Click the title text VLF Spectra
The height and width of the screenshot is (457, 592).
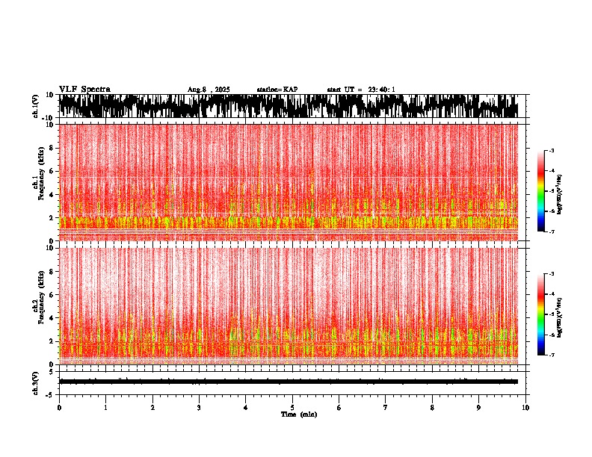click(x=84, y=89)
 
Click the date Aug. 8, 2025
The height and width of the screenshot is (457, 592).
click(x=209, y=90)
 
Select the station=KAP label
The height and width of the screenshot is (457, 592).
click(x=277, y=90)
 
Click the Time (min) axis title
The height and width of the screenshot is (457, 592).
click(x=298, y=414)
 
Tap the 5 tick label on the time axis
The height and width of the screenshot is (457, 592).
click(x=292, y=408)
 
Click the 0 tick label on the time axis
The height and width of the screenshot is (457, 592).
click(x=59, y=408)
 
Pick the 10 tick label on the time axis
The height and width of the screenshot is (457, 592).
click(x=525, y=408)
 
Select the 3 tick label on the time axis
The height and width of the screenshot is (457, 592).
click(x=199, y=408)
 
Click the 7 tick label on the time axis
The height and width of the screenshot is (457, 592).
click(x=386, y=408)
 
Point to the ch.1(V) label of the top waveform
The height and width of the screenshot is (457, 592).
click(x=36, y=106)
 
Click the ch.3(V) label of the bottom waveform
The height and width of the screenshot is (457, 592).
click(x=36, y=382)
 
